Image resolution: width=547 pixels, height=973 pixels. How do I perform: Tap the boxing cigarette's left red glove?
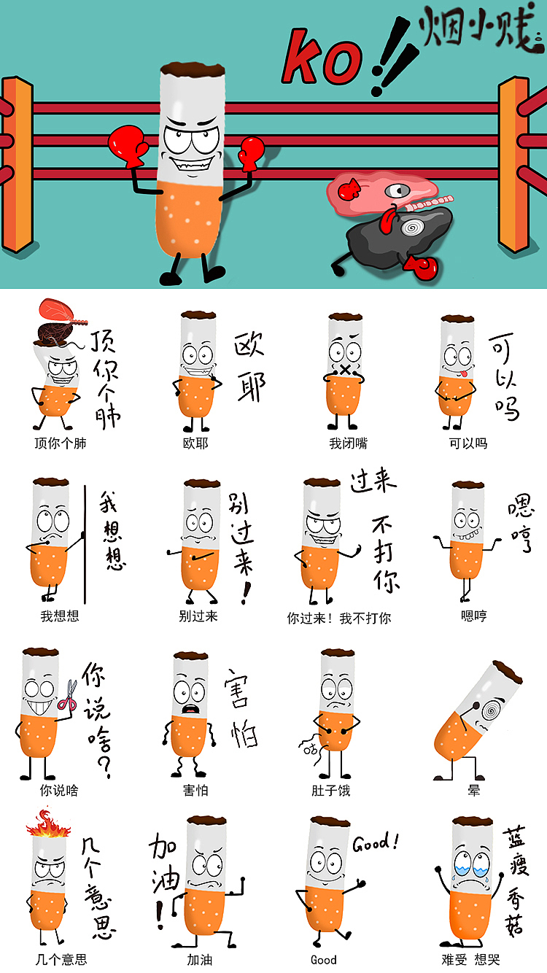[x=128, y=144]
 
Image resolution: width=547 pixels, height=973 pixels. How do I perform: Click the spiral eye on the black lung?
[x=413, y=228]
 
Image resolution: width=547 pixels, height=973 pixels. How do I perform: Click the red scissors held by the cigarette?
[x=68, y=694]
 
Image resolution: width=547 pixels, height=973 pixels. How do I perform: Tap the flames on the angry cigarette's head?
[x=48, y=824]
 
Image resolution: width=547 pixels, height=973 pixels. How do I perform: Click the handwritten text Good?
[x=376, y=843]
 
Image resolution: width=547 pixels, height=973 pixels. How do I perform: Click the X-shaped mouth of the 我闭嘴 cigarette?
[x=345, y=370]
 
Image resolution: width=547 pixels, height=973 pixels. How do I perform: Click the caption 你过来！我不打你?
[x=338, y=618]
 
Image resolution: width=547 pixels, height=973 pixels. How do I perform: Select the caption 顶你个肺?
[x=60, y=443]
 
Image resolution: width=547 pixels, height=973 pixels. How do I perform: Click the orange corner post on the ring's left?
[x=18, y=164]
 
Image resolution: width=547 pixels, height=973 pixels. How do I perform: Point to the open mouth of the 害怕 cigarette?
[x=190, y=708]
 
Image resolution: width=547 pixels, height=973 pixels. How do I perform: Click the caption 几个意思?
[x=61, y=960]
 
